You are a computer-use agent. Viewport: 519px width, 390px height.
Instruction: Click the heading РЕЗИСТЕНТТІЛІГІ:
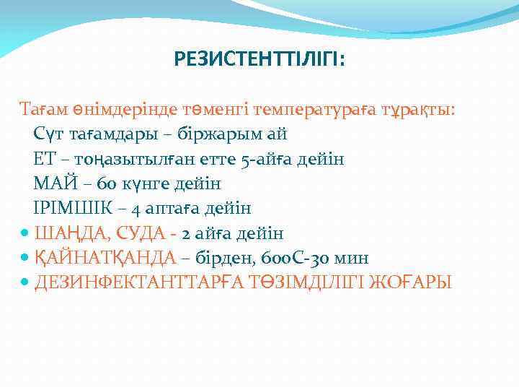(259, 57)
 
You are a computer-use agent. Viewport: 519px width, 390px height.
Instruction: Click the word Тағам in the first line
(43, 109)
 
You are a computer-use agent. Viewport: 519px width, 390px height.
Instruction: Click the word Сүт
(48, 134)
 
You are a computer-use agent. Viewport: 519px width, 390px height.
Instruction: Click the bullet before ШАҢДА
(25, 233)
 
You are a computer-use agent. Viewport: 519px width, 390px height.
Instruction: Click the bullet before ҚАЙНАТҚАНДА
(25, 258)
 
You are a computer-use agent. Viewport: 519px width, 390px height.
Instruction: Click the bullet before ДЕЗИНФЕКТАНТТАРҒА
(25, 282)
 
